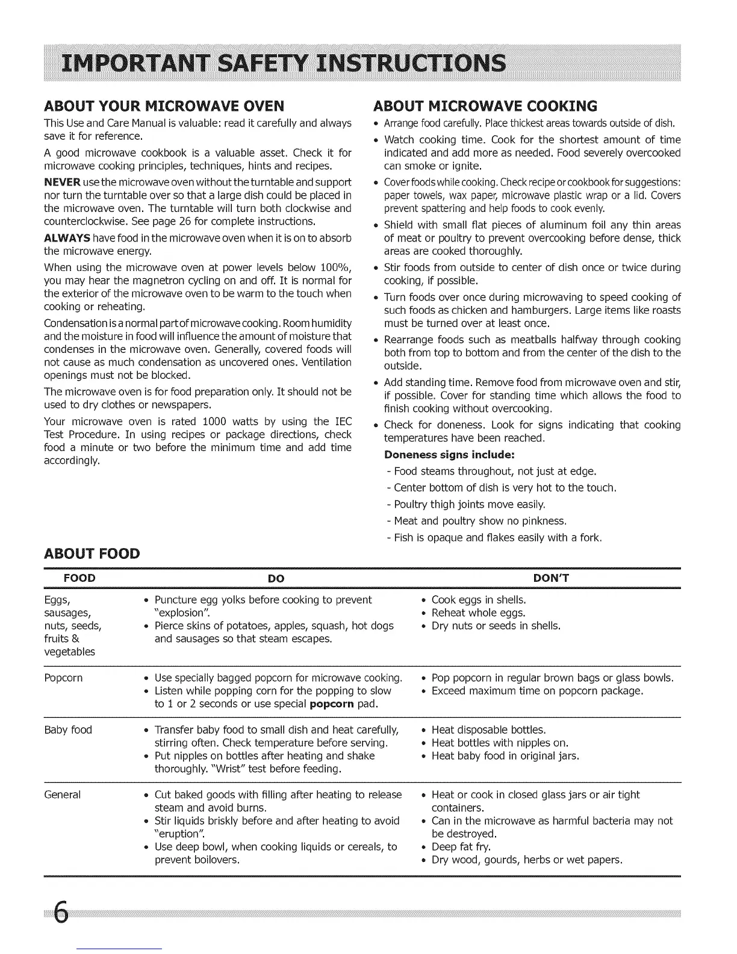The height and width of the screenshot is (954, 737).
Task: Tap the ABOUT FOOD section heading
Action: tap(92, 553)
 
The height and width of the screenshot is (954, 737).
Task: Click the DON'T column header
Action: tap(551, 579)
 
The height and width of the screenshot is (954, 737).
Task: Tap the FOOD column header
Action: tap(79, 579)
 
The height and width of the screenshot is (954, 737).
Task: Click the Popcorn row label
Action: tap(64, 678)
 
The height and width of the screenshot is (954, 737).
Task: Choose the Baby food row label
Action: tap(68, 730)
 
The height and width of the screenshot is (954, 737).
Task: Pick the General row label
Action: tap(63, 795)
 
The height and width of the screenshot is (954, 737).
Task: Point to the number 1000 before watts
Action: tap(214, 422)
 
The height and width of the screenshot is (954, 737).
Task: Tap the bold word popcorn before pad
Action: tap(331, 704)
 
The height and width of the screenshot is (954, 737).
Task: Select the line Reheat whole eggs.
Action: tap(479, 613)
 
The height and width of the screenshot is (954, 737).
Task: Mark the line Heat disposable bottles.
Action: tap(489, 730)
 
